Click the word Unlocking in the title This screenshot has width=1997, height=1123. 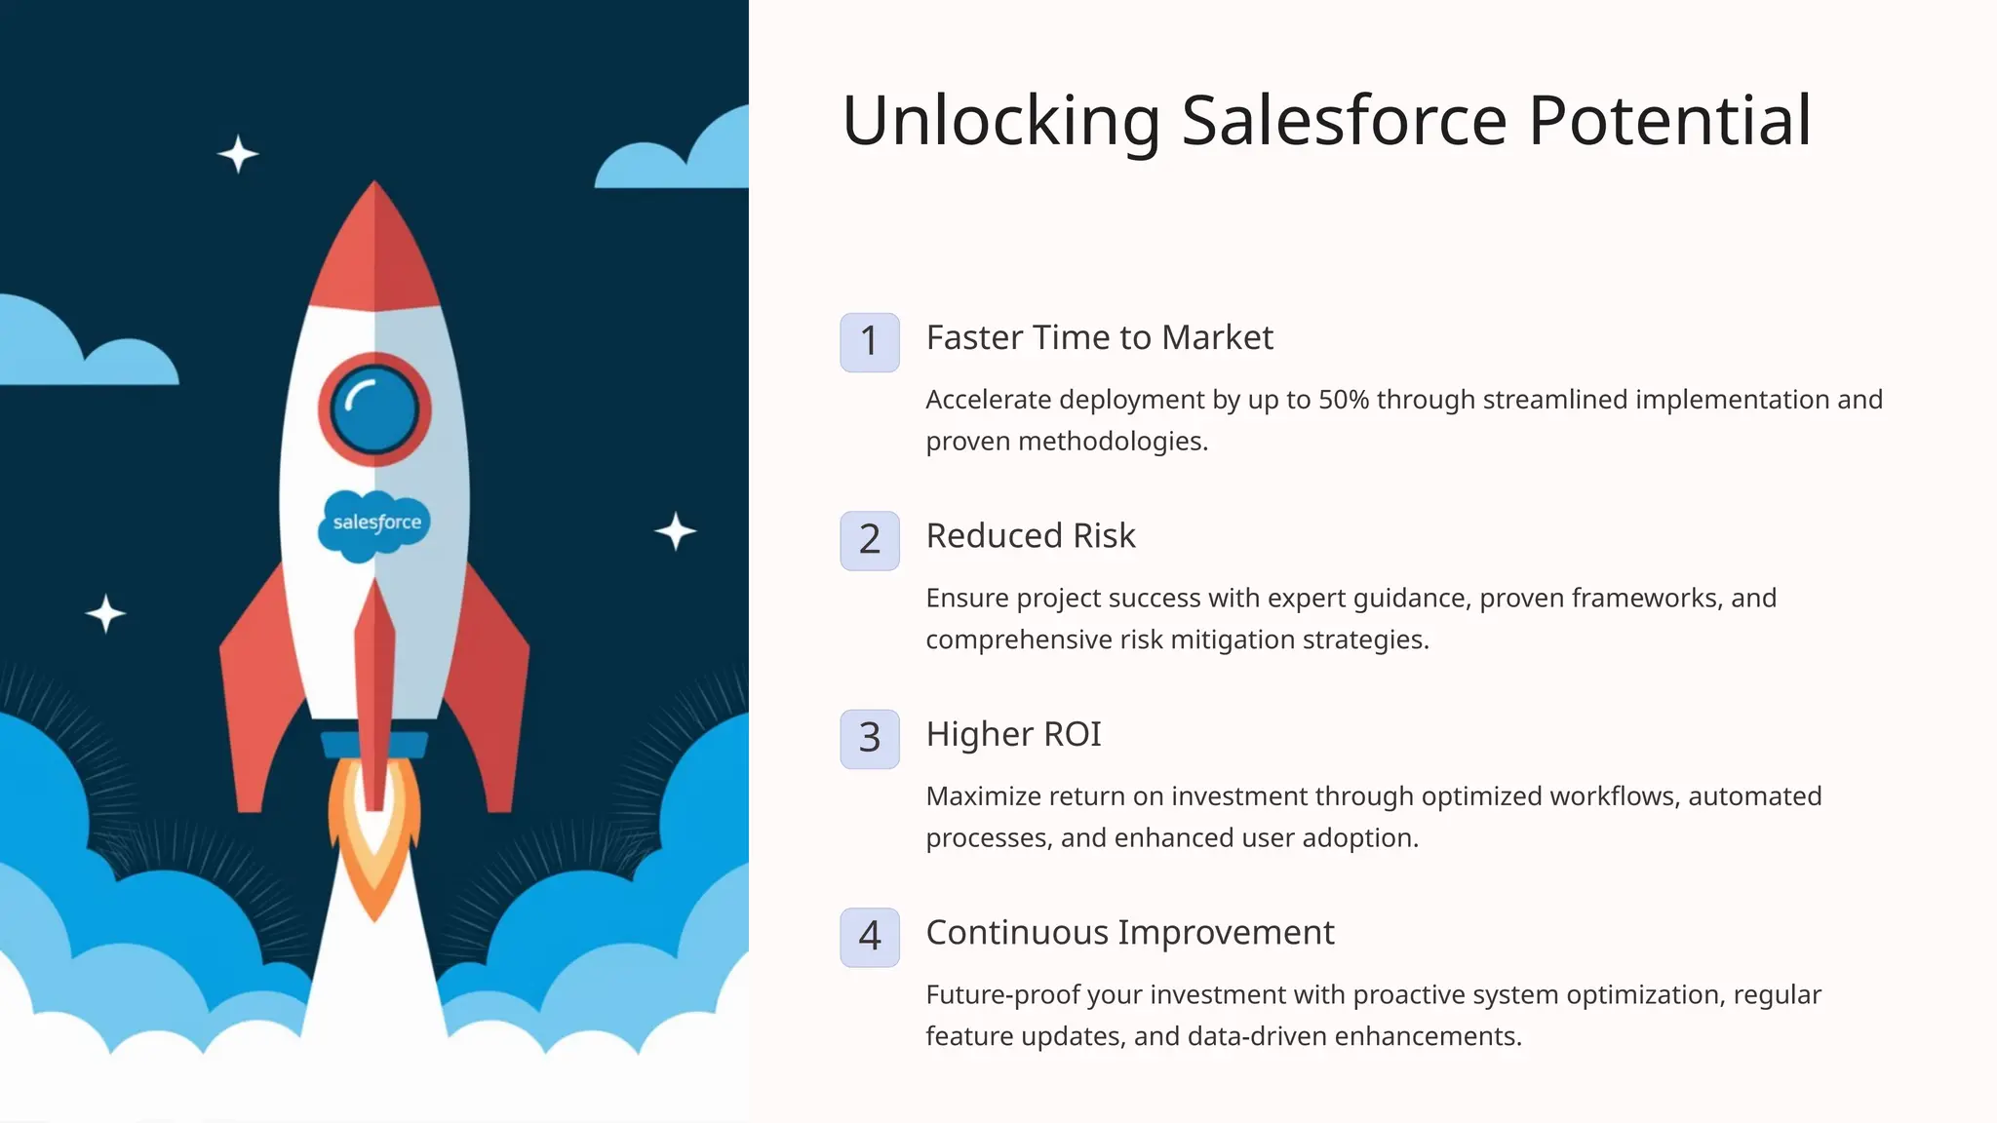pyautogui.click(x=1000, y=121)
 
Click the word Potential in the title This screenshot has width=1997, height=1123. pyautogui.click(x=1669, y=121)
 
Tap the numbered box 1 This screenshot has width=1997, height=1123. pyautogui.click(x=869, y=342)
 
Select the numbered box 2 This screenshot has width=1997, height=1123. pyautogui.click(x=869, y=540)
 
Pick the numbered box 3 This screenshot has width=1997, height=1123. pyautogui.click(x=869, y=739)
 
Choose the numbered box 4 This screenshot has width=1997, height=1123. pyautogui.click(x=869, y=937)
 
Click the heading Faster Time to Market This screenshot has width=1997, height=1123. pyautogui.click(x=1099, y=337)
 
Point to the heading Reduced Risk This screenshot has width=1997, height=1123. pyautogui.click(x=1031, y=535)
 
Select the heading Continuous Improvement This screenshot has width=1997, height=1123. pyautogui.click(x=1129, y=933)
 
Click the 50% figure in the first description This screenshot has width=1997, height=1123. pyautogui.click(x=1343, y=400)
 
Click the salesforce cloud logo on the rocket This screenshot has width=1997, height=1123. pyautogui.click(x=375, y=523)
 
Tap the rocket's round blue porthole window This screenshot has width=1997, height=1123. pyautogui.click(x=374, y=409)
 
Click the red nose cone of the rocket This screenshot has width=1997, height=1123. pyautogui.click(x=374, y=253)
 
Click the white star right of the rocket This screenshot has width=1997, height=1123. pyautogui.click(x=675, y=531)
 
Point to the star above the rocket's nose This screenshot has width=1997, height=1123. pyautogui.click(x=237, y=154)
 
